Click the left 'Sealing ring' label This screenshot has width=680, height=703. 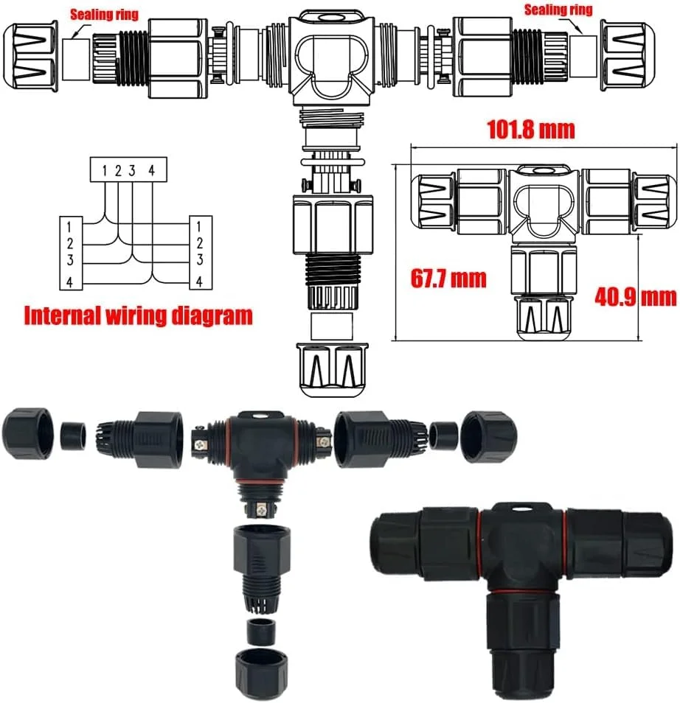(x=104, y=15)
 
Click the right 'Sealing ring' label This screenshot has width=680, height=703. (x=558, y=10)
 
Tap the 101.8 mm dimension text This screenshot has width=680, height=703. (x=531, y=130)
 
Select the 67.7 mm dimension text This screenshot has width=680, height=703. (x=448, y=279)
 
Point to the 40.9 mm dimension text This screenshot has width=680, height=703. (x=636, y=297)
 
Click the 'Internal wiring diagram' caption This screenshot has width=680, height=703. (x=138, y=315)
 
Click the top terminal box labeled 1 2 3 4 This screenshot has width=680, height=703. (x=128, y=169)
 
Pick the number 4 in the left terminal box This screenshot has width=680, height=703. (x=69, y=282)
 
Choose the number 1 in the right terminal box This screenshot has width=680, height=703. (x=198, y=227)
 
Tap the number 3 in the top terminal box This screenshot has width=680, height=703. (x=131, y=170)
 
